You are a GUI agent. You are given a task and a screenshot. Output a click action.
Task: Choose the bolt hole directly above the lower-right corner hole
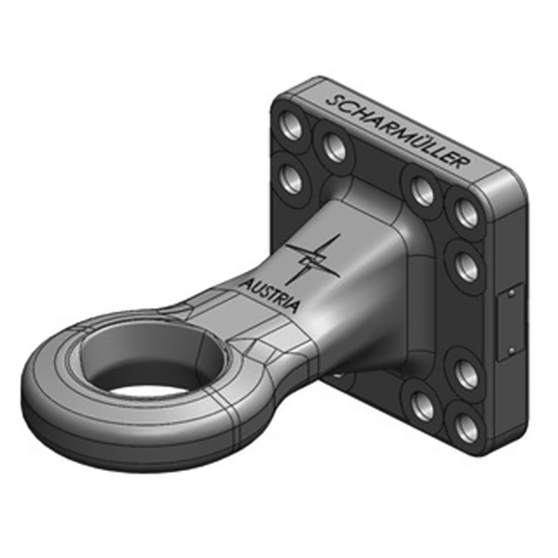point(467,375)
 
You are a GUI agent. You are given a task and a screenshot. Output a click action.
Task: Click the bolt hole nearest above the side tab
point(465,266)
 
